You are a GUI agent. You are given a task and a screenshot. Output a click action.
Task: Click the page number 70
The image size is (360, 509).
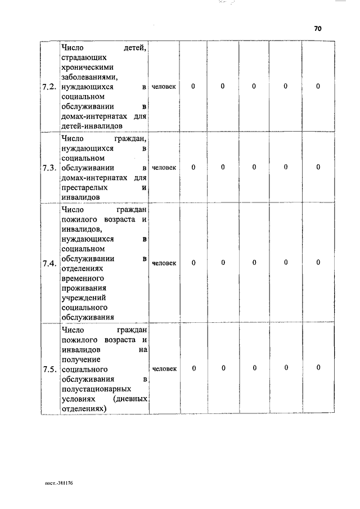click(317, 29)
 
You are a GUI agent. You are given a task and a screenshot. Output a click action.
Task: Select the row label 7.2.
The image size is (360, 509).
click(49, 87)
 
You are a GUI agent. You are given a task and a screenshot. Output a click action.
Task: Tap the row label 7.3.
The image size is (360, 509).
click(49, 168)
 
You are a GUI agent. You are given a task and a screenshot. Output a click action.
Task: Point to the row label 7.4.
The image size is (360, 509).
click(49, 263)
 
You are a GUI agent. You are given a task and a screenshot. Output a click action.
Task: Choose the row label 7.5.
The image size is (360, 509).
click(49, 369)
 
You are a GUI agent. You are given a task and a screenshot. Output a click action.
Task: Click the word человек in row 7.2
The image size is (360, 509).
click(164, 87)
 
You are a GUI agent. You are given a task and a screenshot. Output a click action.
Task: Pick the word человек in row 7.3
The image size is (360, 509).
click(164, 168)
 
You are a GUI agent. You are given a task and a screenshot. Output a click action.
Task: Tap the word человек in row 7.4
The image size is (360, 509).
click(164, 263)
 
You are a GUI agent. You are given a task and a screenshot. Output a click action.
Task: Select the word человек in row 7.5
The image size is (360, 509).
click(164, 369)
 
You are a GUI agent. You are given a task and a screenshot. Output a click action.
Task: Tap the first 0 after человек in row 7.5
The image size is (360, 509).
click(193, 368)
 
